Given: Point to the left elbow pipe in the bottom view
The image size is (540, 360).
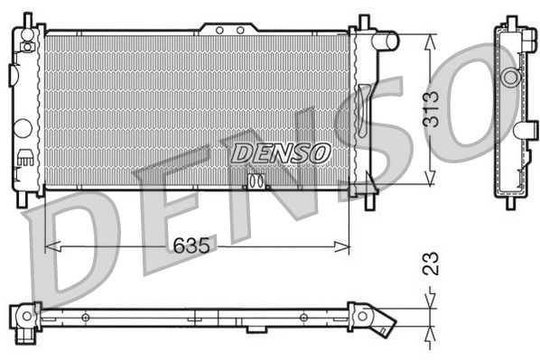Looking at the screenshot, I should (x=23, y=317).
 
